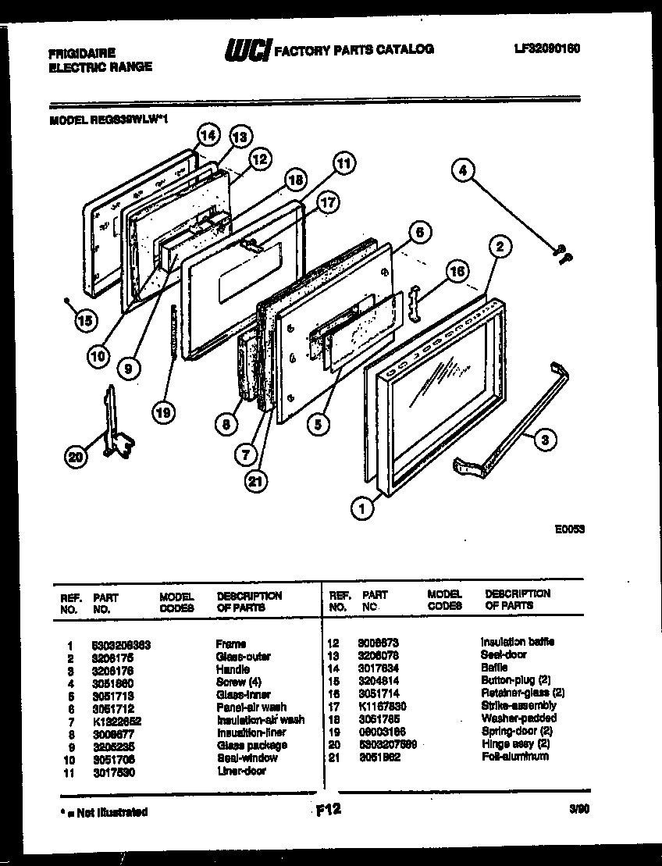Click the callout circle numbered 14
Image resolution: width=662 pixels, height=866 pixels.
(207, 135)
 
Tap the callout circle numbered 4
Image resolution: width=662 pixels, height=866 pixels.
(464, 169)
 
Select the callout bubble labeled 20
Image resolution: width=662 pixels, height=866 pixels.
(76, 458)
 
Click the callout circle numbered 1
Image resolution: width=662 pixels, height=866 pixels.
(361, 510)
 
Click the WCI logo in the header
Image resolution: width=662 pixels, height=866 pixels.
(247, 51)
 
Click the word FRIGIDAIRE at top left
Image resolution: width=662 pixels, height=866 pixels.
(82, 53)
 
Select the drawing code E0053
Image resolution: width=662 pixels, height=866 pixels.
(570, 529)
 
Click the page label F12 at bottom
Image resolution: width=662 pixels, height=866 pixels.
(329, 810)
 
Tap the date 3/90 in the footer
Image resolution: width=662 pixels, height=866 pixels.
(579, 811)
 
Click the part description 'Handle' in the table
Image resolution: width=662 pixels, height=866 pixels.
(233, 669)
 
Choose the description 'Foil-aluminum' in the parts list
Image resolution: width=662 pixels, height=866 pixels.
(514, 756)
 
